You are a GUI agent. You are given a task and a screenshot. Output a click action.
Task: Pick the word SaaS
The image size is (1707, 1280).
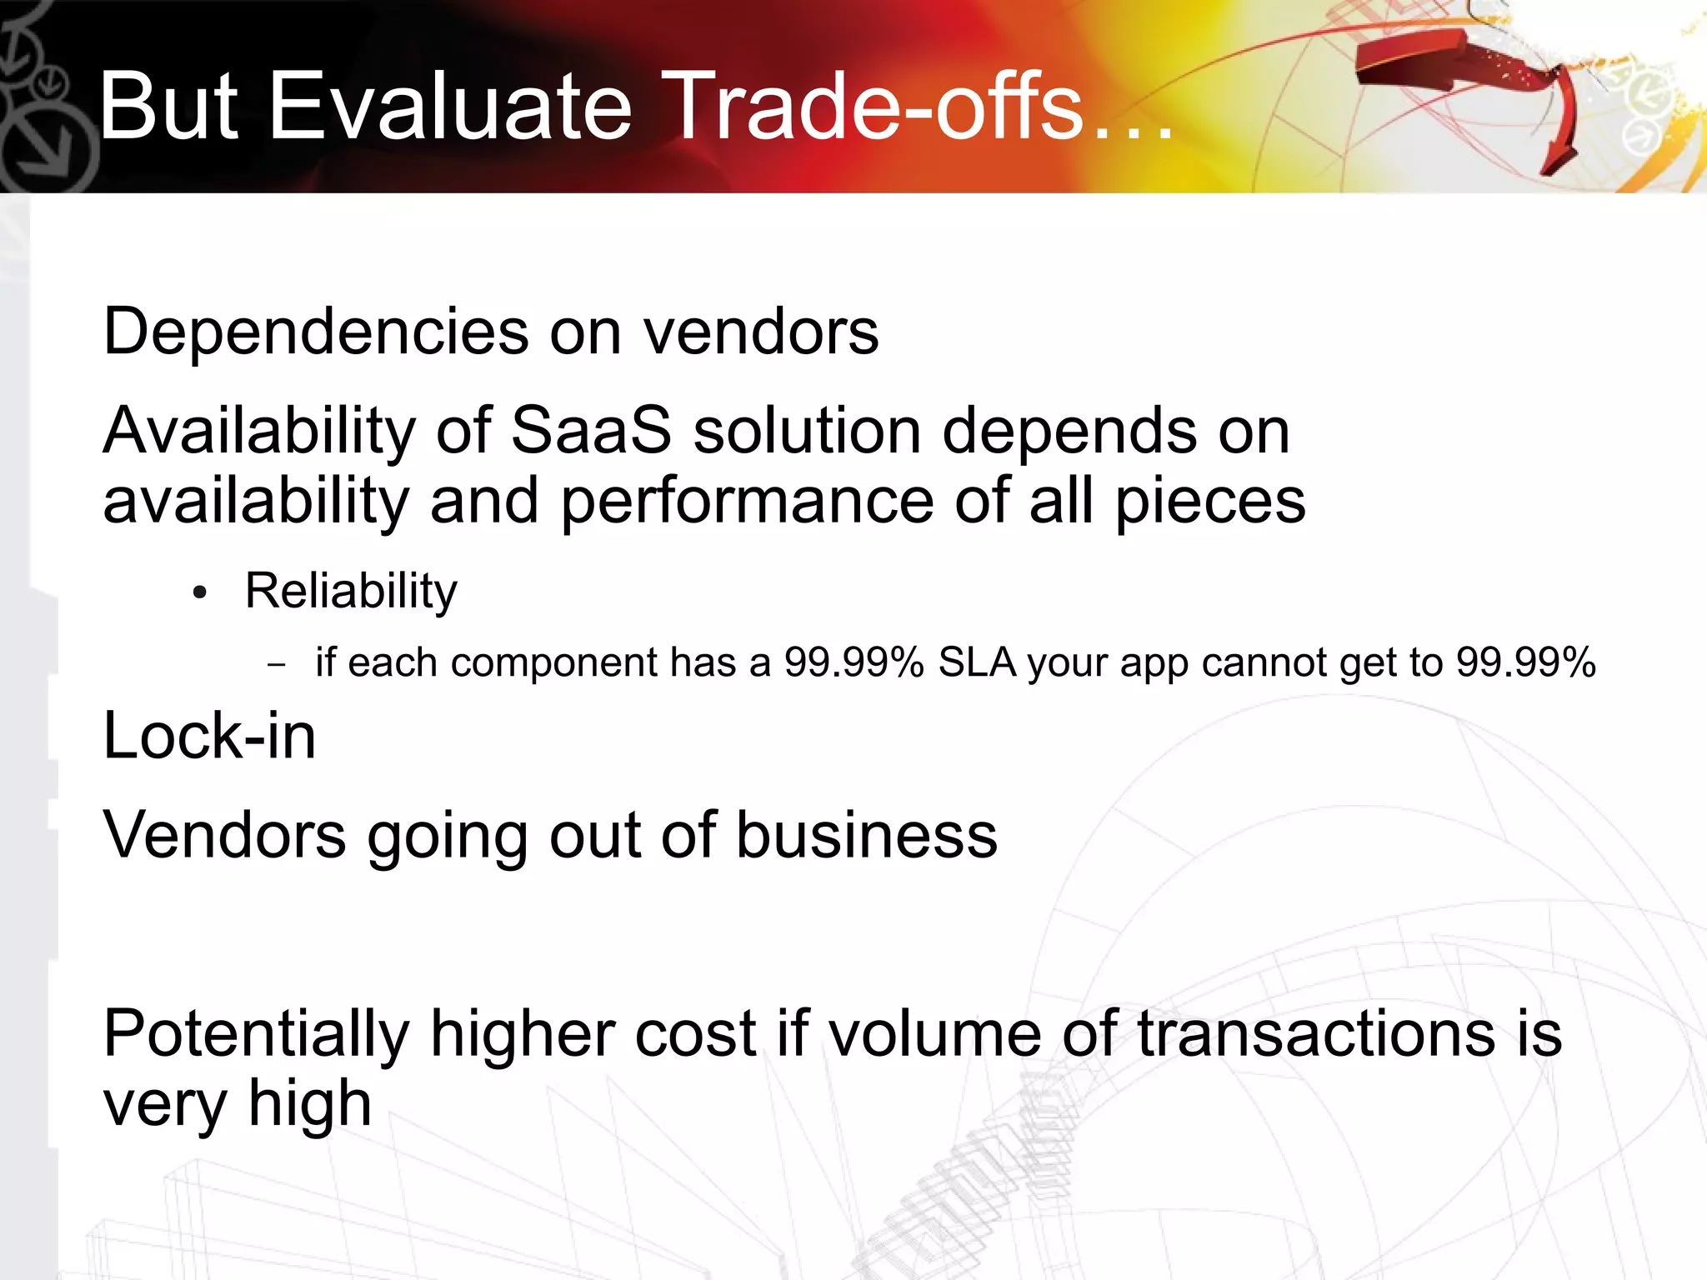click(590, 431)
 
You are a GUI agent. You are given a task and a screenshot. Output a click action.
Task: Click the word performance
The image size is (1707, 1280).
click(747, 502)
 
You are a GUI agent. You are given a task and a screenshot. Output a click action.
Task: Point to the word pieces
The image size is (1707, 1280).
click(1210, 503)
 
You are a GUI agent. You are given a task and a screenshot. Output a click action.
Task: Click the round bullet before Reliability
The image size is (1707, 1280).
click(198, 593)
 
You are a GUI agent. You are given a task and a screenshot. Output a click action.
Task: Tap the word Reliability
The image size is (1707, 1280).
click(351, 592)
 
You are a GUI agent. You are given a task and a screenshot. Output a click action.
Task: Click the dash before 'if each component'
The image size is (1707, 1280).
click(277, 665)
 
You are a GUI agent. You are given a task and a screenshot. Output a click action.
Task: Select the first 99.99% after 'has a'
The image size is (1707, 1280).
click(853, 662)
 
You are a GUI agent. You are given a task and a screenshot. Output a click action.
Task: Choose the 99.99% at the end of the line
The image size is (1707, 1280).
click(1525, 662)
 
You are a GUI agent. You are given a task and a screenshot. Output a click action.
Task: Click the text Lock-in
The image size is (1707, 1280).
click(209, 737)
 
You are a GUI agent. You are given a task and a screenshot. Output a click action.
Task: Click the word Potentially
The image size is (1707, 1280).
click(256, 1035)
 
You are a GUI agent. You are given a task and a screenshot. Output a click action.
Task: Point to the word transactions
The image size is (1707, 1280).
click(1316, 1033)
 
